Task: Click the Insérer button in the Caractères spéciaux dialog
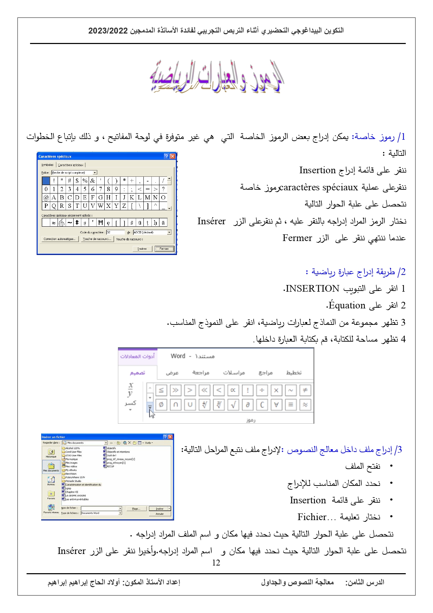click(x=142, y=249)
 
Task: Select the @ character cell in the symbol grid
click(x=46, y=197)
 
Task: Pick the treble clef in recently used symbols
click(x=61, y=222)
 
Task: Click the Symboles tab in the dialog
click(x=47, y=165)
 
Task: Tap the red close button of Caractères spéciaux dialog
click(x=172, y=156)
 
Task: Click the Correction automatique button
click(x=59, y=239)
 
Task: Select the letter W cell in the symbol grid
click(x=100, y=206)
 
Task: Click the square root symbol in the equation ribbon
click(x=233, y=404)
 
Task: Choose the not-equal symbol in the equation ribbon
click(x=305, y=390)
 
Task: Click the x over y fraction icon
click(x=130, y=390)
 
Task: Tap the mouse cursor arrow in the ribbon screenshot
click(x=152, y=414)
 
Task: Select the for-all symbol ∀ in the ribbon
click(x=276, y=404)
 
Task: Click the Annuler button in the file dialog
click(x=159, y=514)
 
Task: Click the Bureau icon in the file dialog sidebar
click(x=51, y=480)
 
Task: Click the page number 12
click(x=216, y=562)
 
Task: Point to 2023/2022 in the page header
click(x=108, y=30)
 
